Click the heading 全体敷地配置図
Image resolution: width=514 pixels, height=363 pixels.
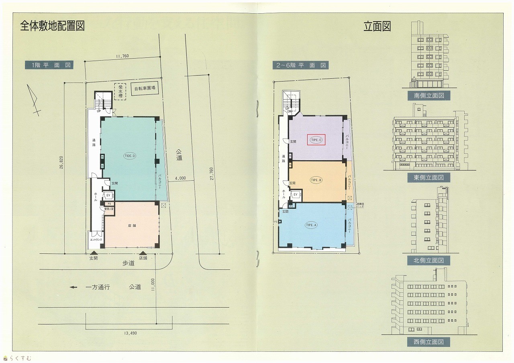coord(52,26)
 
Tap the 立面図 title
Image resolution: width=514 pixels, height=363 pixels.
coord(377,27)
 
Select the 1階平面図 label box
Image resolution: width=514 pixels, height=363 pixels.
coord(49,65)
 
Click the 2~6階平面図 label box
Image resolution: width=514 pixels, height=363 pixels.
coord(300,65)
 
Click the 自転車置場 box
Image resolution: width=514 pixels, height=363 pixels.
coord(145,88)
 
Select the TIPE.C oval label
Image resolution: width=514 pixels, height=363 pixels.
coord(316,140)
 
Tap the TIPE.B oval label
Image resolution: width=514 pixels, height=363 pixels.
coord(316,180)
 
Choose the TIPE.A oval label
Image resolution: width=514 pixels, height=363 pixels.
coord(311,225)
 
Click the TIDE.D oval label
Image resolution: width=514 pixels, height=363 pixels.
coord(130,156)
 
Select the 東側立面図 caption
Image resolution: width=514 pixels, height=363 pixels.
coord(429,177)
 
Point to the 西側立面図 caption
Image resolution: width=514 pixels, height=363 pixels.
coord(428,342)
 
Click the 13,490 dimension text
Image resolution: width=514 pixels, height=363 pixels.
coord(129,333)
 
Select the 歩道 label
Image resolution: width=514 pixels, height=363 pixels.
coord(128,263)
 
